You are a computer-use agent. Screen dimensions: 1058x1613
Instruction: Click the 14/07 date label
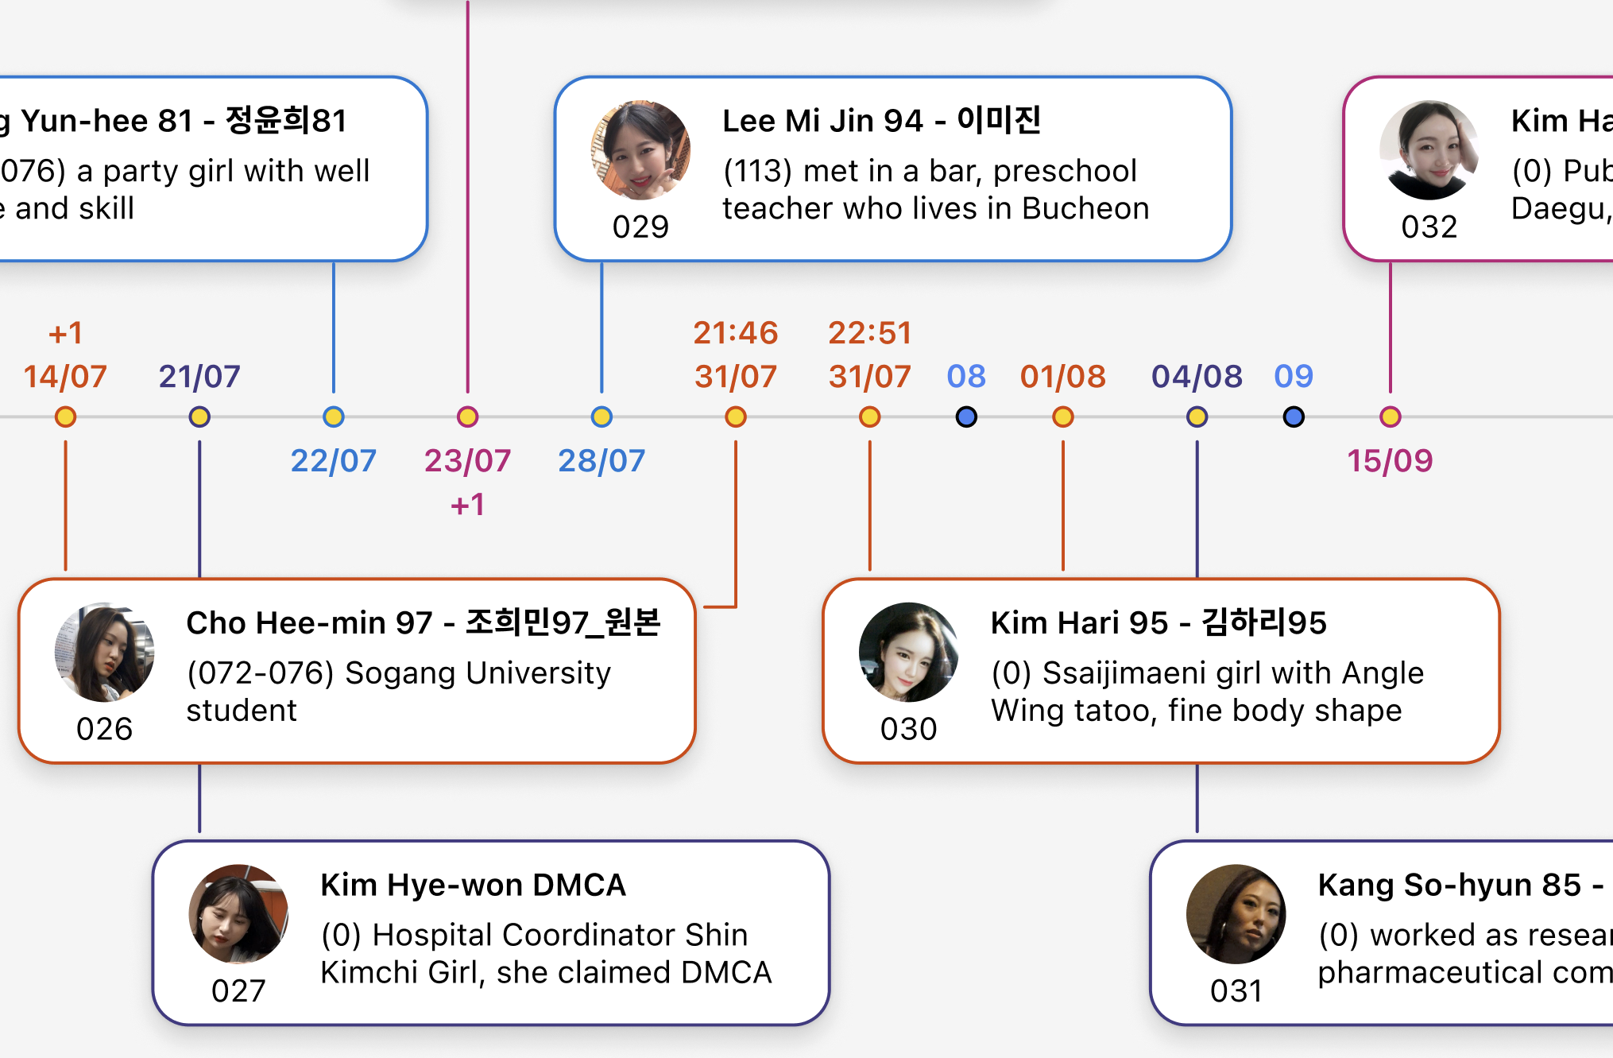65,377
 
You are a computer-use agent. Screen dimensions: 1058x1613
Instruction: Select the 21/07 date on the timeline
199,377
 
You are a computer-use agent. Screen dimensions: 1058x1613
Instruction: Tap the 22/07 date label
334,461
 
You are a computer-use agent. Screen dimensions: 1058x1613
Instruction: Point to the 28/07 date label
601,461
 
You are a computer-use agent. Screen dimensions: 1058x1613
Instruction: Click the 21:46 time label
736,333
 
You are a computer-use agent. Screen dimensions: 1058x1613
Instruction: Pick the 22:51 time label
870,333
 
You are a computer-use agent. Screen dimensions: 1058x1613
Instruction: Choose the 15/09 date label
1390,461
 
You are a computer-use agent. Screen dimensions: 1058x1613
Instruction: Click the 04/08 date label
1197,377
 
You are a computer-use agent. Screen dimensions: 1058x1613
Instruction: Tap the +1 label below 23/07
468,505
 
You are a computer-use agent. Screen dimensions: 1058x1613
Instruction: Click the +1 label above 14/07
65,333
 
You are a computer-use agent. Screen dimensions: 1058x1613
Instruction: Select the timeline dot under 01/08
1063,417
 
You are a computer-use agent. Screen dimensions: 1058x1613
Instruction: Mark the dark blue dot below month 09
1294,417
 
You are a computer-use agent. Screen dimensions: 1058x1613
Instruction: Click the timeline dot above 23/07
468,417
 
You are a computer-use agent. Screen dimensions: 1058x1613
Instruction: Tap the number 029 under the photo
640,227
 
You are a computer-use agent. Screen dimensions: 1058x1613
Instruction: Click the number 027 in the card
238,991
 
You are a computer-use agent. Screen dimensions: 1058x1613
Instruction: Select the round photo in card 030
908,652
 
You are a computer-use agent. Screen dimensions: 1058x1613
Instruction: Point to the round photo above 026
104,652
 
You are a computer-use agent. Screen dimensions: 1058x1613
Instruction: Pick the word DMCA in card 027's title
579,886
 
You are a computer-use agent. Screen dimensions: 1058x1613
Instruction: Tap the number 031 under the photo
1236,991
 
